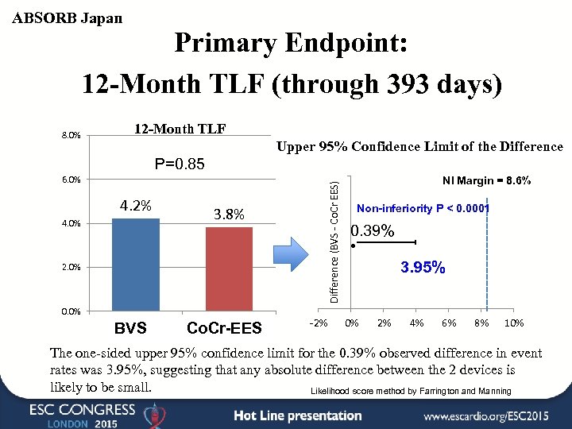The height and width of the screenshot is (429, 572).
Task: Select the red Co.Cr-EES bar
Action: pos(229,268)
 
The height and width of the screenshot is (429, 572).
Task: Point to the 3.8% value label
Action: pos(230,214)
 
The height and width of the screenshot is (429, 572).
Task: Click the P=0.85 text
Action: pos(180,164)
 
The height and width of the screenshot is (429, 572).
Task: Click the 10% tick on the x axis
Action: pos(514,323)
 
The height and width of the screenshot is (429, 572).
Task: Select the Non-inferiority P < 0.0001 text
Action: pos(423,209)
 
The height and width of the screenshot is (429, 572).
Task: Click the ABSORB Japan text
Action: pos(68,17)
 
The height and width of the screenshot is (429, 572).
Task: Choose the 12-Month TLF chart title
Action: pos(179,129)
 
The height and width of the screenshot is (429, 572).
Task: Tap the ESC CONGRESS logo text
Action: pos(83,410)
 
